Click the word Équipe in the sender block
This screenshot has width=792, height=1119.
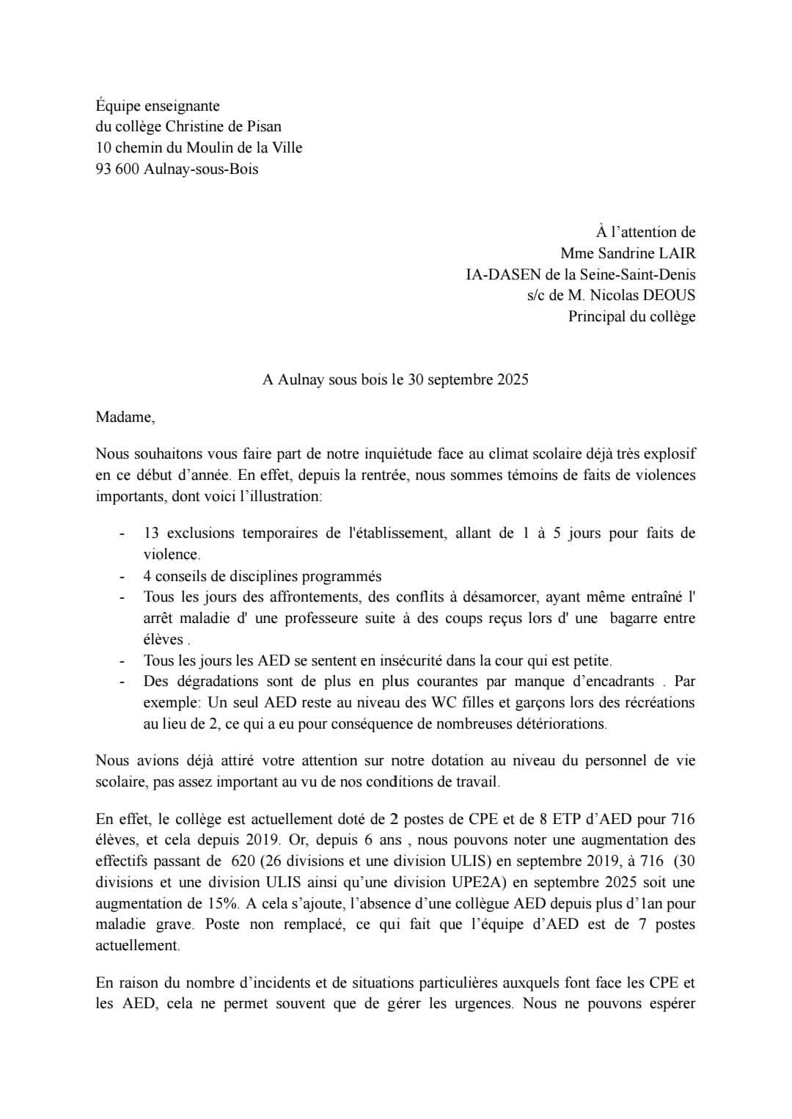[121, 106]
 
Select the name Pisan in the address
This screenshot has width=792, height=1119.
[262, 127]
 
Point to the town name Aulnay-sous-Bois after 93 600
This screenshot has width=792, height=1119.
[201, 170]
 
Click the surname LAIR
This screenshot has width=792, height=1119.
[677, 254]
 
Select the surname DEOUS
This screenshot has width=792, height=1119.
[669, 296]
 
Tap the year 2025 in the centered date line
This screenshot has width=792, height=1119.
[512, 380]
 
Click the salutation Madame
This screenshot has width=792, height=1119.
[125, 418]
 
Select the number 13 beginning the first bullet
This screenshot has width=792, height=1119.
[151, 533]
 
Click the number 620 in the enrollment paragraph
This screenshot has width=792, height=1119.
[243, 861]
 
